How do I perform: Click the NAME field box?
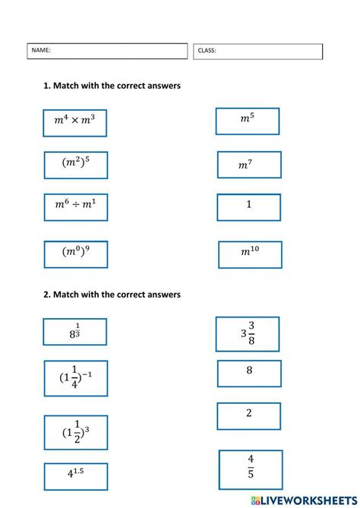pyautogui.click(x=107, y=51)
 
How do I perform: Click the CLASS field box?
pyautogui.click(x=257, y=51)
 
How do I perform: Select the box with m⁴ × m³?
pyautogui.click(x=74, y=121)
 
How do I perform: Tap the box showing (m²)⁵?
pyautogui.click(x=75, y=164)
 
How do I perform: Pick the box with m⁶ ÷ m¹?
pyautogui.click(x=75, y=206)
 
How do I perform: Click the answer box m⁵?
pyautogui.click(x=248, y=120)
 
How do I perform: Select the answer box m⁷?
pyautogui.click(x=248, y=165)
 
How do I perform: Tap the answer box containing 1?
pyautogui.click(x=248, y=207)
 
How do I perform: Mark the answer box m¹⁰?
pyautogui.click(x=250, y=254)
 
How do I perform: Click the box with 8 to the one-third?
pyautogui.click(x=74, y=332)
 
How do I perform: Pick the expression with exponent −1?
pyautogui.click(x=75, y=378)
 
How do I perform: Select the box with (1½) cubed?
pyautogui.click(x=75, y=433)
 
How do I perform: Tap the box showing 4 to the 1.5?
pyautogui.click(x=75, y=477)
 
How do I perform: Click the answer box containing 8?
pyautogui.click(x=249, y=373)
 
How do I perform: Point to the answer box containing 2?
pyautogui.click(x=249, y=415)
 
